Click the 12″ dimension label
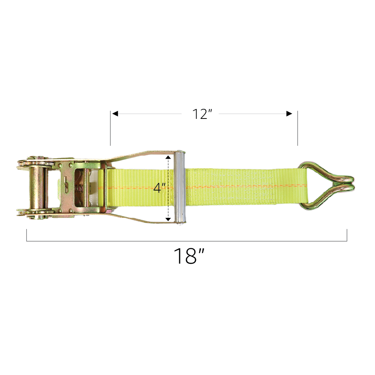tap(202, 114)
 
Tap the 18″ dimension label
tap(189, 256)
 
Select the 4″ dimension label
tap(159, 187)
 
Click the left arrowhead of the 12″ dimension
tap(115, 114)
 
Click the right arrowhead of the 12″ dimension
tap(289, 114)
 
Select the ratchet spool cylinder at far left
tap(39, 187)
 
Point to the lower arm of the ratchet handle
tap(142, 220)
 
